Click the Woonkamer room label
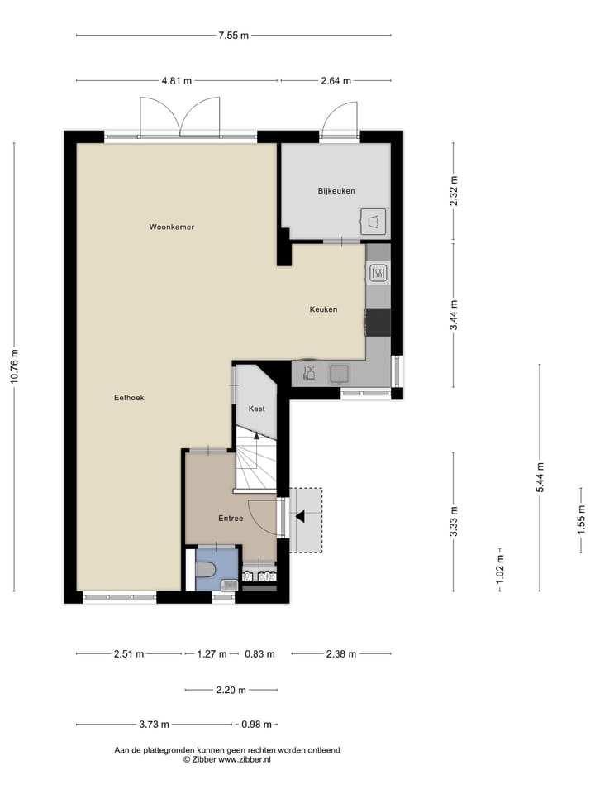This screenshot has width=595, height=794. pos(172,227)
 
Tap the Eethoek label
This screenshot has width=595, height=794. pos(129,398)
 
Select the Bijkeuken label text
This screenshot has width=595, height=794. pos(336,191)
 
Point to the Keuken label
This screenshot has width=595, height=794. pos(323,309)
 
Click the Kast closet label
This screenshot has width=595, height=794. pos(256,409)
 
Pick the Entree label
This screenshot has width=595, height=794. pos(231,519)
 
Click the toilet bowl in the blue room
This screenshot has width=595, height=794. pos(206,569)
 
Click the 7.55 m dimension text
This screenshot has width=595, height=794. pos(233,36)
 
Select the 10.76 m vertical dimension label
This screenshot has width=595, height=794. pos(14,367)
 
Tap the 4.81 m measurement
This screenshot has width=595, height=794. pos(176,81)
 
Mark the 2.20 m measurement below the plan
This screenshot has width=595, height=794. pos(231,689)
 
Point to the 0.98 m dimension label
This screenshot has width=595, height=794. pos(257,725)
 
